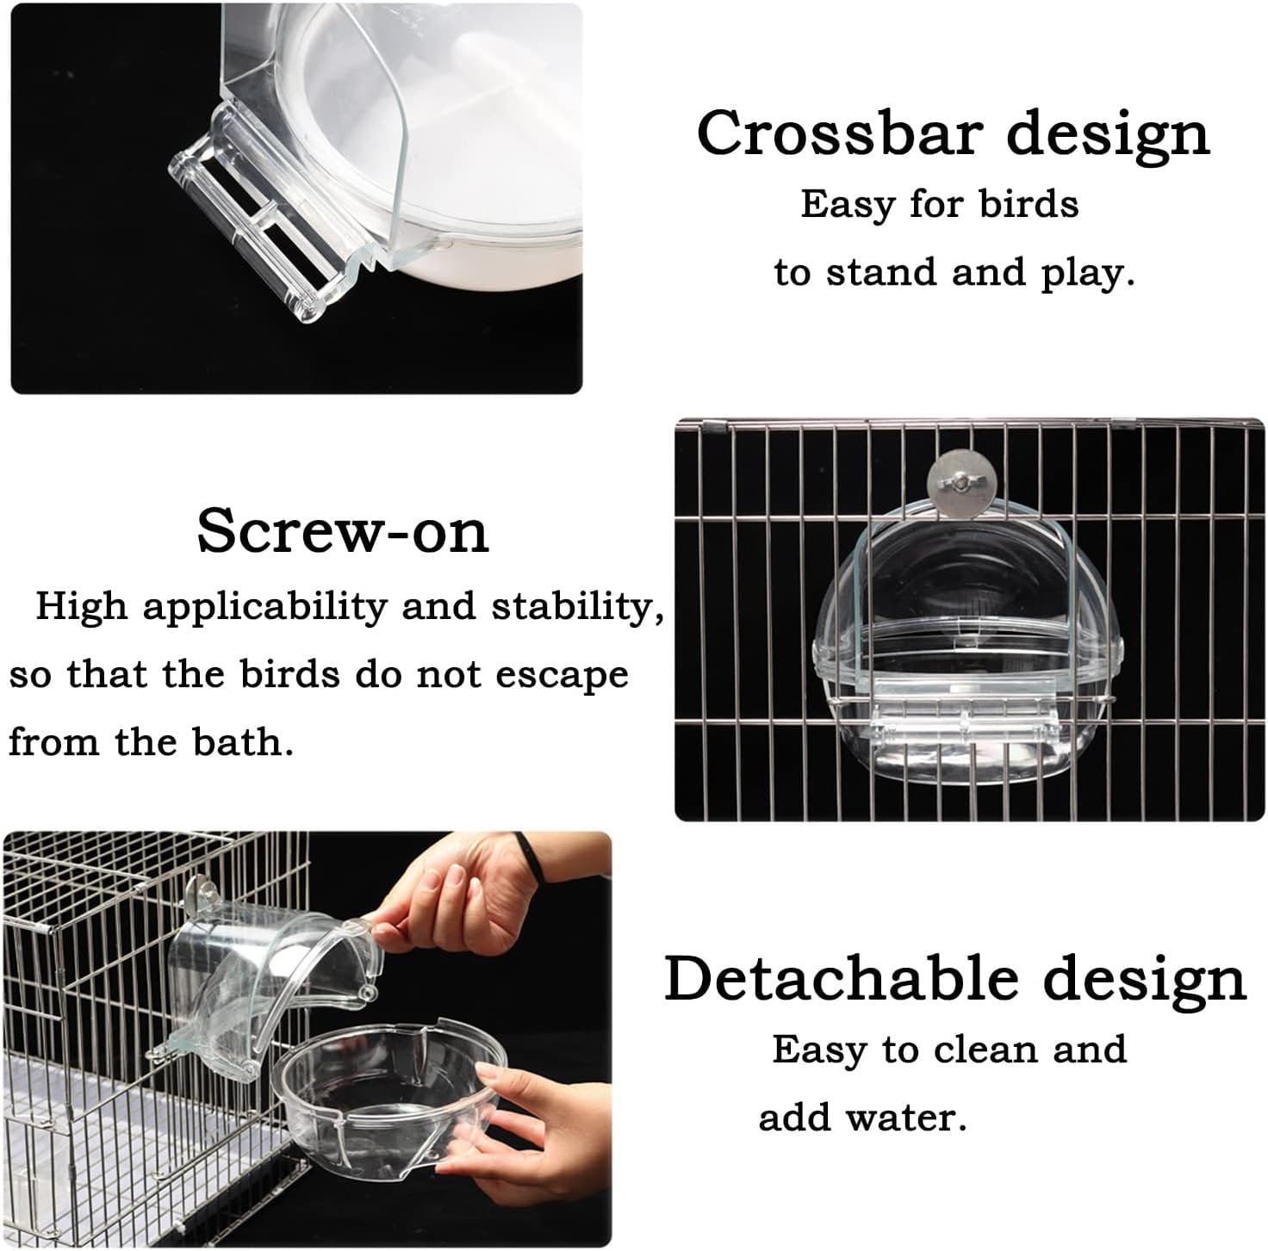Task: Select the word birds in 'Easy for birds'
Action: (x=1029, y=204)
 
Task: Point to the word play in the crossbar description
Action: (x=1088, y=274)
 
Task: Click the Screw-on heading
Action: (x=343, y=532)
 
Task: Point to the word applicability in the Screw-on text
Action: (x=263, y=606)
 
